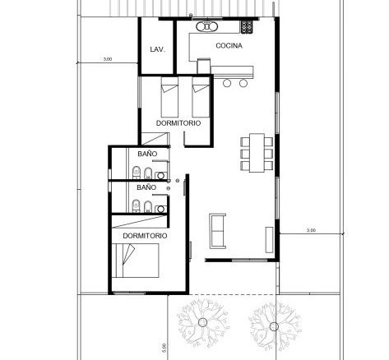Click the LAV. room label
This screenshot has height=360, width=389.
[158, 49]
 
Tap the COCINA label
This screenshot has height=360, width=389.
[229, 46]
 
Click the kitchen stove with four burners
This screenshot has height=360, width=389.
[247, 27]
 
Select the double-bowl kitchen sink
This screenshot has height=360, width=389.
[207, 26]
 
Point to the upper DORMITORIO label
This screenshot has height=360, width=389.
[178, 123]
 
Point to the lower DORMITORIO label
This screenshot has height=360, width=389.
[145, 236]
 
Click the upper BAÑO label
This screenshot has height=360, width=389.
[147, 154]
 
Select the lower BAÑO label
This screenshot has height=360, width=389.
[146, 187]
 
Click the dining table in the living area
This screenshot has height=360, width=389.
[257, 153]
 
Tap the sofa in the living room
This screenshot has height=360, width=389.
[218, 231]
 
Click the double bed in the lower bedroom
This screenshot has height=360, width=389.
[136, 261]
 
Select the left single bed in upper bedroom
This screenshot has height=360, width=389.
[169, 97]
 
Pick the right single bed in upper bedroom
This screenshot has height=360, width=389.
[201, 97]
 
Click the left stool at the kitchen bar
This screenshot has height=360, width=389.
[227, 83]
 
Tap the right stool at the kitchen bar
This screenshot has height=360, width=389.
[243, 83]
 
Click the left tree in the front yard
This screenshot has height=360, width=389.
[202, 323]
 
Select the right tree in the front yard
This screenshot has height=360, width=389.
[274, 326]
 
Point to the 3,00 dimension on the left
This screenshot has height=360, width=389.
[108, 59]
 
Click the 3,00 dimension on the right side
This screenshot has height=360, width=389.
[311, 230]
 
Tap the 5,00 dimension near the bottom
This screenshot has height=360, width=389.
[164, 348]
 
